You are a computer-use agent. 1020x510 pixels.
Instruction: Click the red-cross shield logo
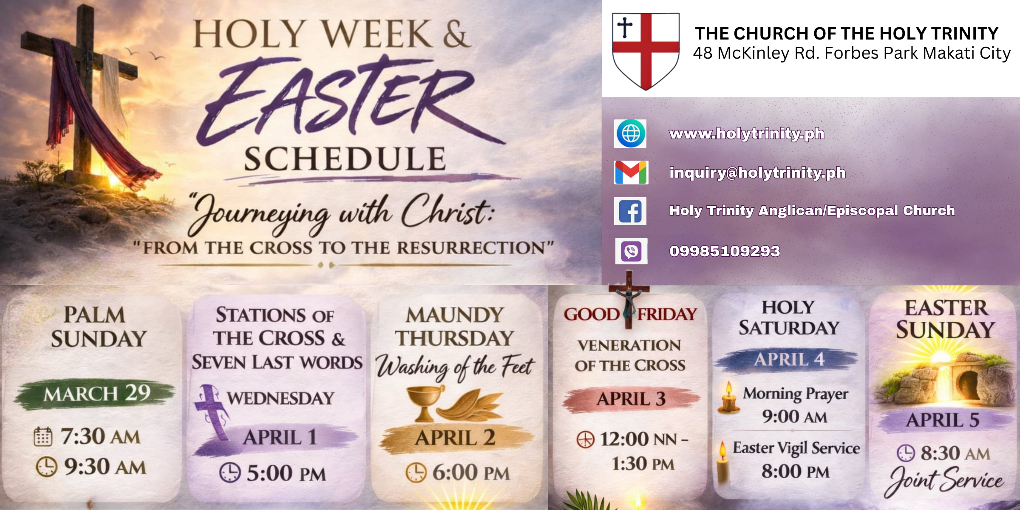646,51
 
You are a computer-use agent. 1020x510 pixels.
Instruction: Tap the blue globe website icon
631,133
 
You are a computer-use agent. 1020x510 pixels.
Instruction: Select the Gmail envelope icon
631,172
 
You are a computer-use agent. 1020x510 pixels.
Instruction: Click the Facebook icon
630,211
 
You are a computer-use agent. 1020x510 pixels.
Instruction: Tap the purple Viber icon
631,251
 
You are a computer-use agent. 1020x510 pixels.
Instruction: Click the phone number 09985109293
725,251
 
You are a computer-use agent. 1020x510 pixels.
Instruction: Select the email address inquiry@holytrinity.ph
757,173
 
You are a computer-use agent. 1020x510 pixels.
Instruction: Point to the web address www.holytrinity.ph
747,133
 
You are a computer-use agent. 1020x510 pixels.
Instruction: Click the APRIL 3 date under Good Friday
631,399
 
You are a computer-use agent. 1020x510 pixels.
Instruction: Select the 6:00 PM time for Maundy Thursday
470,473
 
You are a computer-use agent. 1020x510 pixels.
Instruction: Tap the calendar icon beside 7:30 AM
43,437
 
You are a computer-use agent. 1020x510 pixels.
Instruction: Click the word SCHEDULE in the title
345,159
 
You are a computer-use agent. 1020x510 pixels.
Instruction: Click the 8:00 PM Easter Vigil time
795,471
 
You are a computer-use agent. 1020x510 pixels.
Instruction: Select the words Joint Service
946,480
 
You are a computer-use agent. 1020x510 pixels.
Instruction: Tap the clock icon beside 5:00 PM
230,473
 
